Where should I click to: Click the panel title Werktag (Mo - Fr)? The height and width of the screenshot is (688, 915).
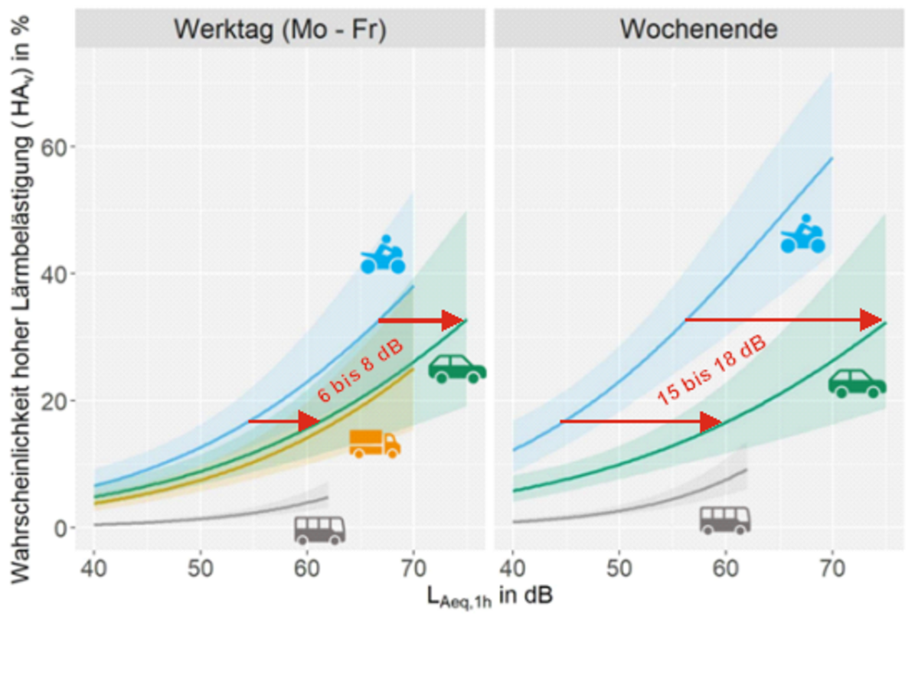tap(279, 29)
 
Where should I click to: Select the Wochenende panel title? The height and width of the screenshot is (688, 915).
tap(698, 29)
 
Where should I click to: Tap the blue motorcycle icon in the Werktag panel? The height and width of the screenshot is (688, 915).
tap(383, 255)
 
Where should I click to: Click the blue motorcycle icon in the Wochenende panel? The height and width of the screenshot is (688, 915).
tap(803, 234)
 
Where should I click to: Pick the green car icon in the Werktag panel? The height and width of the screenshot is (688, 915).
tap(456, 370)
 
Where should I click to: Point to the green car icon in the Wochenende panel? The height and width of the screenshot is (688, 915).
tap(857, 383)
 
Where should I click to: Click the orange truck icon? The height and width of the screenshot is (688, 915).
tap(374, 444)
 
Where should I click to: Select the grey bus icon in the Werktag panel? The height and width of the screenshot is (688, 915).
tap(319, 529)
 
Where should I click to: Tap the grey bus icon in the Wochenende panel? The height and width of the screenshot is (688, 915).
tap(724, 520)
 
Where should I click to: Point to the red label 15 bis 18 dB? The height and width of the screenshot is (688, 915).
tap(711, 370)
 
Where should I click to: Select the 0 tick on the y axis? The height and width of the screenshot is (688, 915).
tap(59, 528)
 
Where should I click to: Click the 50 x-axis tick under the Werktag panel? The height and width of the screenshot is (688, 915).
tap(200, 569)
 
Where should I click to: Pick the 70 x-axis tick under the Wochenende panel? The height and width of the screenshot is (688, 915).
tap(832, 569)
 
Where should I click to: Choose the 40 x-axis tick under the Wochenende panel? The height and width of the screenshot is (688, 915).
tap(512, 569)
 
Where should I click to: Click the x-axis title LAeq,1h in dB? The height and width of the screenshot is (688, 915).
tap(490, 596)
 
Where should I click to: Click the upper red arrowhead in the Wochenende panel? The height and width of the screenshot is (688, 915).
tap(872, 319)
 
